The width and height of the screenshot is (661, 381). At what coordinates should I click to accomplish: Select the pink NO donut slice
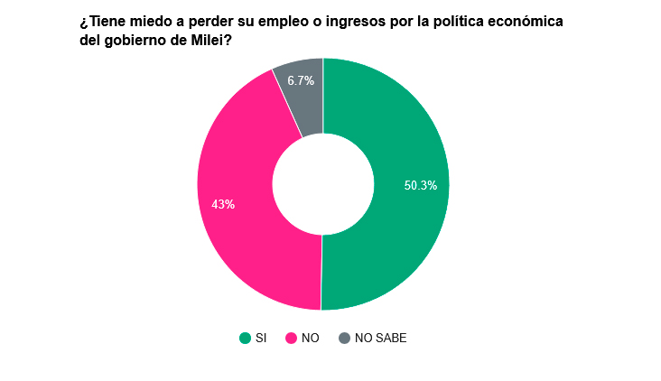click(244, 235)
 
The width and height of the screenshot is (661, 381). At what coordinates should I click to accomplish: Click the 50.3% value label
click(421, 186)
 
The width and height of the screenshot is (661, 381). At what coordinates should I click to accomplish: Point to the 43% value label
click(223, 205)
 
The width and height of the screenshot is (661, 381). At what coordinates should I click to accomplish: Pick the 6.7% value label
click(301, 81)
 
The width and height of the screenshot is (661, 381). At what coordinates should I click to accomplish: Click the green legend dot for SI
click(245, 339)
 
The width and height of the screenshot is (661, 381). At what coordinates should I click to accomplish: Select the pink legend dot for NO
click(291, 339)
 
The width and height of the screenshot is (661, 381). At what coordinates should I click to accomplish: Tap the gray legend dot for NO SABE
click(344, 339)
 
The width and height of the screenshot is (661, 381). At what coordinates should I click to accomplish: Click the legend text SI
click(261, 339)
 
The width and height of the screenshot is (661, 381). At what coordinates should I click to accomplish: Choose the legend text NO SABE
click(380, 339)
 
